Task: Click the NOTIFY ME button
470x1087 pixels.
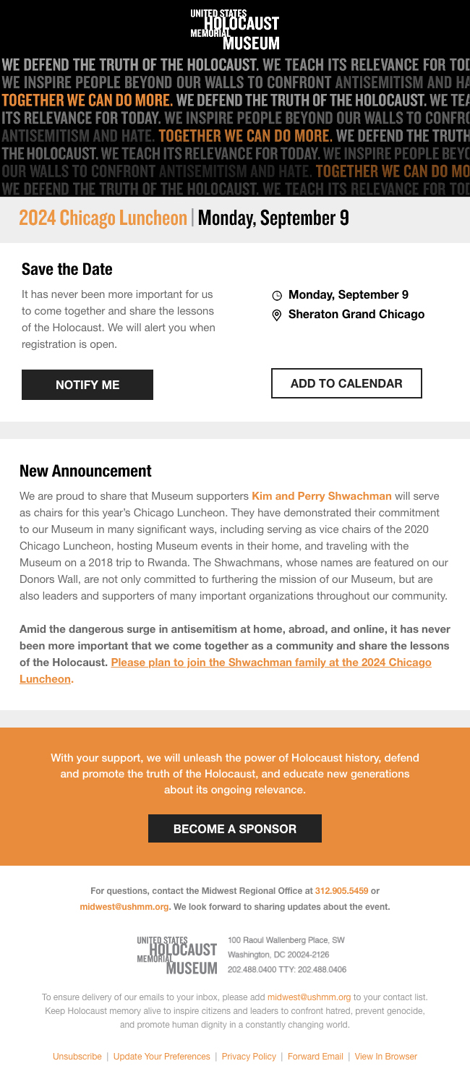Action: [x=87, y=385]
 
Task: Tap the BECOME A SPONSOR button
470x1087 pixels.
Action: [x=235, y=829]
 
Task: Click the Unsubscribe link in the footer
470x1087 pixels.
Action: [x=77, y=1057]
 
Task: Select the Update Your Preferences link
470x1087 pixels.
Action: [x=162, y=1057]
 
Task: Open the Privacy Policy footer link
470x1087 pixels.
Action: [x=249, y=1057]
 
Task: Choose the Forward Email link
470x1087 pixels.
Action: [x=315, y=1057]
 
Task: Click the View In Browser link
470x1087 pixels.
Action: [x=385, y=1057]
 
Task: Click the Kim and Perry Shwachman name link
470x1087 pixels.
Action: [x=322, y=496]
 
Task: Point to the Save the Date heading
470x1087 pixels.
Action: [x=67, y=270]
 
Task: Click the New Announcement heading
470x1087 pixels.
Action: [x=85, y=472]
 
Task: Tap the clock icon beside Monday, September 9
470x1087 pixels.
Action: [x=277, y=296]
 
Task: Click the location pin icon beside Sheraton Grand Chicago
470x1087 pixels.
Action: [x=277, y=315]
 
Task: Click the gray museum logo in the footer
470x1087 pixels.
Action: [x=177, y=955]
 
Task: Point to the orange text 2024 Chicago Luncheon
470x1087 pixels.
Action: [x=103, y=218]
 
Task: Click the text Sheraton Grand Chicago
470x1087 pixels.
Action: [x=356, y=315]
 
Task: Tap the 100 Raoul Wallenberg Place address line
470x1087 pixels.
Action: [x=286, y=940]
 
